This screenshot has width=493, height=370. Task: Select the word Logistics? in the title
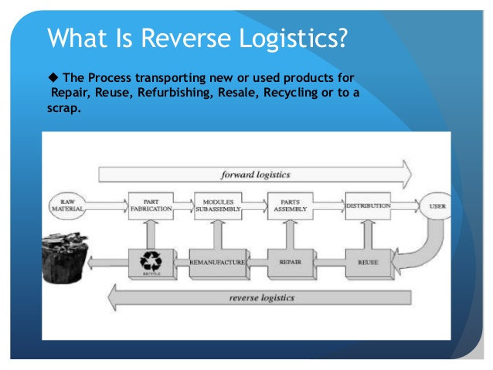(294, 38)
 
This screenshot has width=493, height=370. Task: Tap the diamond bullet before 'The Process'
(53, 79)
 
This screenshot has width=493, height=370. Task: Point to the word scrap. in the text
(63, 107)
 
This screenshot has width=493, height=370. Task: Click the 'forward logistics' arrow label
(255, 174)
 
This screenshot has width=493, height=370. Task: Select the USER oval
(436, 207)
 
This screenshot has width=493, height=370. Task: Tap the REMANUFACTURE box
(217, 263)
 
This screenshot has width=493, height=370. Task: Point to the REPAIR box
(289, 263)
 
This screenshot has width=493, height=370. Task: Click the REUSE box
(366, 263)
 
